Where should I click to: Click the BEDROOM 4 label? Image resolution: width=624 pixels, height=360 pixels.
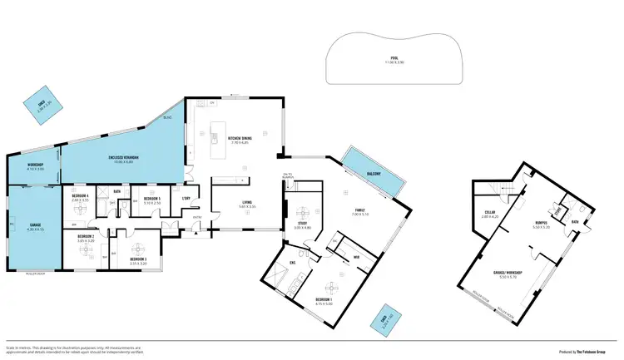point(81,197)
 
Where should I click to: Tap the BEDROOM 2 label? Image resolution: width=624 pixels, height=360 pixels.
point(86,237)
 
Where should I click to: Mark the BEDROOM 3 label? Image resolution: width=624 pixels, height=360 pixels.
point(138,259)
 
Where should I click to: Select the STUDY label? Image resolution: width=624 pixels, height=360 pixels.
point(302,224)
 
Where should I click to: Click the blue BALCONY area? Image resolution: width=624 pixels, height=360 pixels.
point(374,172)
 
